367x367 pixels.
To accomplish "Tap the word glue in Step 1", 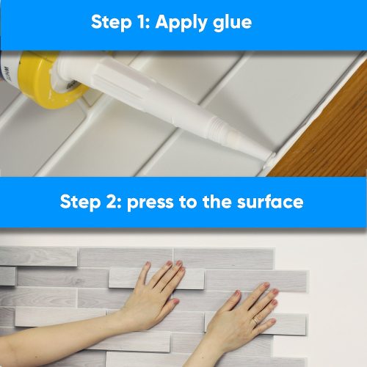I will point(230,21).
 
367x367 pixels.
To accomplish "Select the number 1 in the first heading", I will point(144,21).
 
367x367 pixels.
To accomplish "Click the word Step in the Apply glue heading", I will point(112,21).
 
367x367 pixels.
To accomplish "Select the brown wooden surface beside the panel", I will point(330,139).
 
